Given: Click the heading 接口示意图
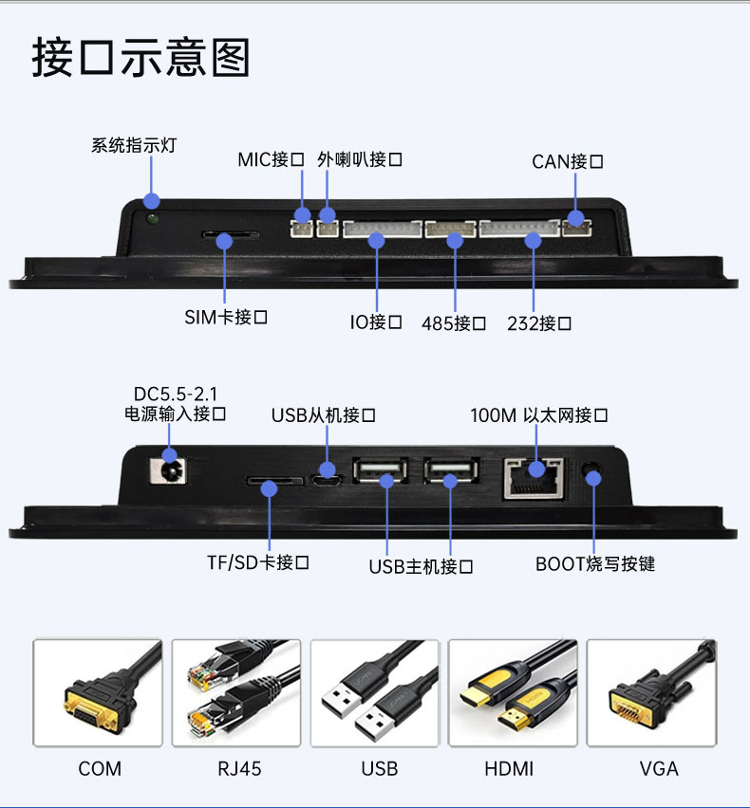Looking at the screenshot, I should tap(141, 57).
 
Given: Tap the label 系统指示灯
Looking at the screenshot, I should tap(133, 145).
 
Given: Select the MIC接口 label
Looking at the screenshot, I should tap(271, 159).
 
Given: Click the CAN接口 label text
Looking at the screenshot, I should tap(567, 161).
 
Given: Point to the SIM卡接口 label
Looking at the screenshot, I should tap(225, 317).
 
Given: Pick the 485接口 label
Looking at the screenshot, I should tap(454, 323).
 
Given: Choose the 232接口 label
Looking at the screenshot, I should tap(538, 323).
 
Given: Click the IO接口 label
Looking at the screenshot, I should tap(376, 322).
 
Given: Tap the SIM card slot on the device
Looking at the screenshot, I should tap(229, 234).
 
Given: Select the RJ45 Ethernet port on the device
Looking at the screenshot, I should tap(533, 475).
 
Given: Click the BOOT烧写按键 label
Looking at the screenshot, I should tap(595, 564).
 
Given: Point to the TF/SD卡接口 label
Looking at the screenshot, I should tap(258, 562).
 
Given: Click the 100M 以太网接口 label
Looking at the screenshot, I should tap(538, 415).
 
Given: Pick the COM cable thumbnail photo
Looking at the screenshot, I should tap(98, 692).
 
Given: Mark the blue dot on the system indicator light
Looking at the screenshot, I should tap(152, 200).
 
